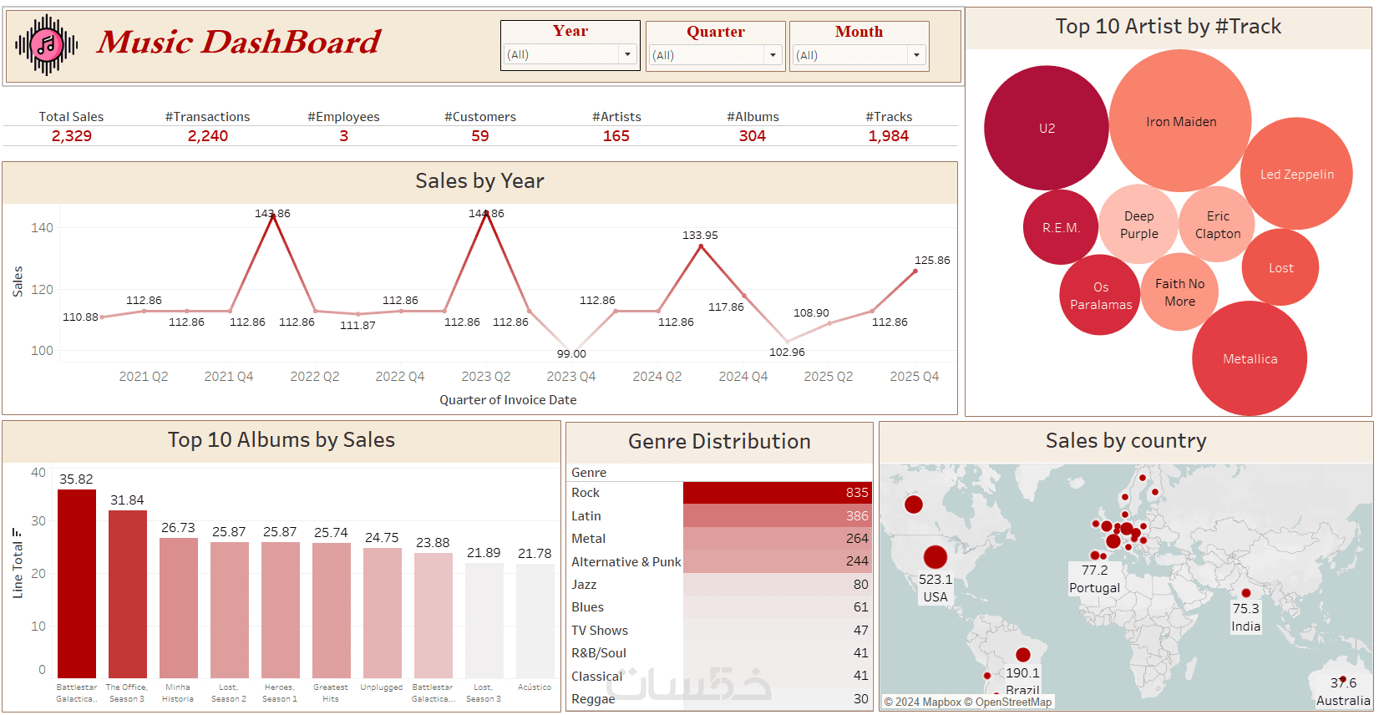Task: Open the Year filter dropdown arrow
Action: click(x=627, y=54)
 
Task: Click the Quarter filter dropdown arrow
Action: click(x=773, y=55)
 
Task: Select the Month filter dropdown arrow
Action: click(x=916, y=55)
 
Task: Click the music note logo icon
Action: click(x=47, y=44)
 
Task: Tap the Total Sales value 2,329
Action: click(x=72, y=136)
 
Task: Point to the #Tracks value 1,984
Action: click(x=888, y=136)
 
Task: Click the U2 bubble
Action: click(x=1046, y=128)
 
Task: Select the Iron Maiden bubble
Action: click(x=1180, y=121)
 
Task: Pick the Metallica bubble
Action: click(x=1250, y=358)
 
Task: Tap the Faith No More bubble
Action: click(x=1179, y=292)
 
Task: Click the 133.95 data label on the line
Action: click(x=700, y=236)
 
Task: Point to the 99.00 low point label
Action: click(x=571, y=354)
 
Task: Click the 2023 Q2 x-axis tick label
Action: click(x=486, y=377)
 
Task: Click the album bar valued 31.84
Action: click(x=128, y=593)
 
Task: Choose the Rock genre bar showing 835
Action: click(x=777, y=493)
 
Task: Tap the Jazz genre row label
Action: click(x=584, y=585)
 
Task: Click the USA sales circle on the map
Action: click(x=935, y=556)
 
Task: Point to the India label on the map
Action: click(x=1245, y=626)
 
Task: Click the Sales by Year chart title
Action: click(x=479, y=181)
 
